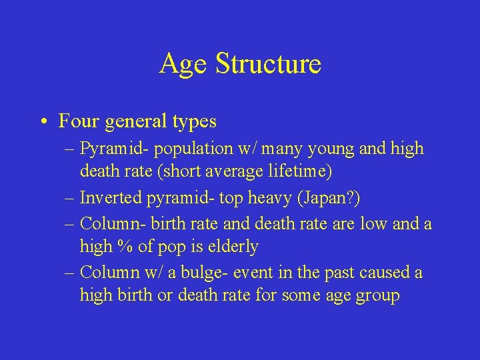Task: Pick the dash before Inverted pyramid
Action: point(70,198)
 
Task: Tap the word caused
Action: point(385,273)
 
